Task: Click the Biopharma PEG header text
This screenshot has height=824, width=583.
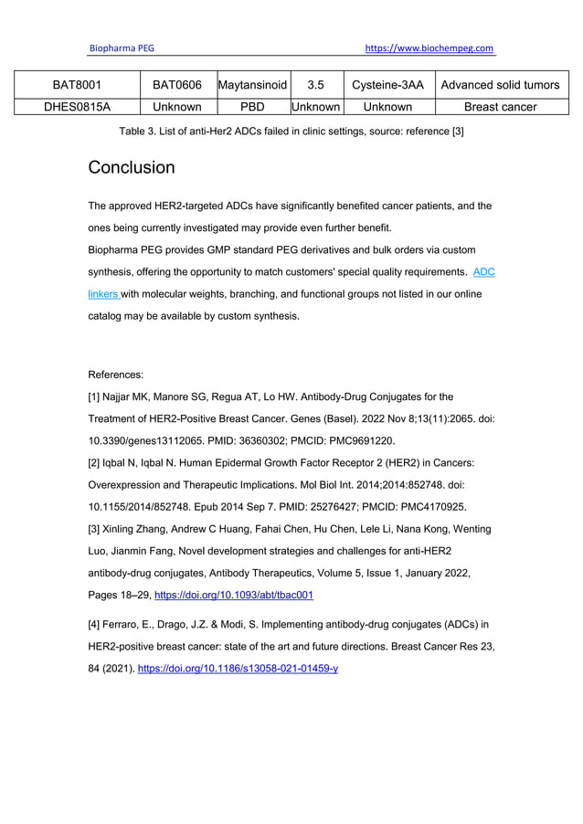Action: (122, 48)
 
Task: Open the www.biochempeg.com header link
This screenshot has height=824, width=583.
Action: (429, 48)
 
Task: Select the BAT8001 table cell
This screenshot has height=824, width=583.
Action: (77, 85)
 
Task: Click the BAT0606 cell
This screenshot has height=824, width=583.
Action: (176, 85)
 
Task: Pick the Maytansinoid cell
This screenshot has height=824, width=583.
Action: (252, 85)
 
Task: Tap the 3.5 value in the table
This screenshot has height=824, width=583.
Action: (315, 85)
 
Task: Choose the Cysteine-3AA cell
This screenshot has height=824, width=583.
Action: (387, 85)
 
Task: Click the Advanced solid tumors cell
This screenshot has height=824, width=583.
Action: (500, 85)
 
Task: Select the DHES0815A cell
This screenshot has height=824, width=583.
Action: (77, 107)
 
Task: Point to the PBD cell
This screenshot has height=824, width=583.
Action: (251, 107)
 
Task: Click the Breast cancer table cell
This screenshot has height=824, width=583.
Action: (500, 107)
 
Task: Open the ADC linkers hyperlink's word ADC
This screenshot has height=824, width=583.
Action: (483, 272)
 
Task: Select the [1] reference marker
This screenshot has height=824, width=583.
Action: (94, 396)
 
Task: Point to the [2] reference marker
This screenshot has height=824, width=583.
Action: (94, 463)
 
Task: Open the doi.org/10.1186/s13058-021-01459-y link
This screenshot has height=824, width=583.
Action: (238, 669)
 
